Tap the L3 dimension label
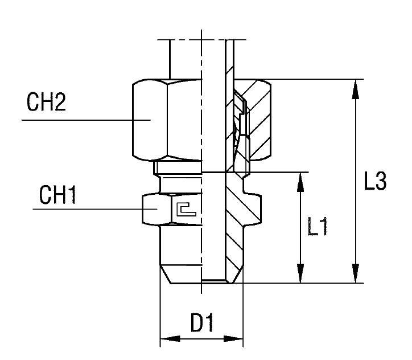(x=376, y=182)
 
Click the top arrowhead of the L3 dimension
(x=356, y=85)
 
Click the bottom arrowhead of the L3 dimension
(x=356, y=277)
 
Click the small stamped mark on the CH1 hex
(x=186, y=209)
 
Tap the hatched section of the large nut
(x=259, y=120)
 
